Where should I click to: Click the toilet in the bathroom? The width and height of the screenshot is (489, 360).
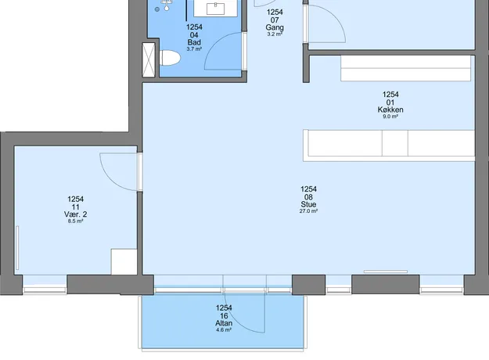tap(170, 58)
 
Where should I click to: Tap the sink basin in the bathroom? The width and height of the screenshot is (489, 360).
tap(215, 9)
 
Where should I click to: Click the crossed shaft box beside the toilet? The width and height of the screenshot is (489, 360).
tap(149, 59)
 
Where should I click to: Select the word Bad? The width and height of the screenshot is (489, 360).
tap(194, 42)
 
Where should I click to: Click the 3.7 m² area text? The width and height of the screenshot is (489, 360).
tap(194, 49)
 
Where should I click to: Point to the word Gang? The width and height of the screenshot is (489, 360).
tap(275, 27)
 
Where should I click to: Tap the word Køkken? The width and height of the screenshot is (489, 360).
tap(390, 110)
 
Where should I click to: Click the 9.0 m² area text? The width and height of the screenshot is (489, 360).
tap(390, 117)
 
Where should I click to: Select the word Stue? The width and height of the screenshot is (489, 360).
tap(308, 204)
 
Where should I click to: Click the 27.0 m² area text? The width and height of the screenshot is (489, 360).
tap(308, 211)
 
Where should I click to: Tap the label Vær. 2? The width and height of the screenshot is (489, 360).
tap(75, 214)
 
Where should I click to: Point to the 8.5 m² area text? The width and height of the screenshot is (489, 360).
tap(75, 221)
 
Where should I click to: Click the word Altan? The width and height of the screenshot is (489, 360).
tap(224, 323)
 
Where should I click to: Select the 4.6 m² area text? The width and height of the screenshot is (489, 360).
tap(224, 329)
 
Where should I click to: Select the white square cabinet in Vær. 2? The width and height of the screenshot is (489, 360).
tap(124, 261)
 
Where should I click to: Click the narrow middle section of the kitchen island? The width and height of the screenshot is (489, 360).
tap(395, 143)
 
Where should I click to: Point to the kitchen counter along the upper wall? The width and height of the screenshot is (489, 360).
tap(406, 68)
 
